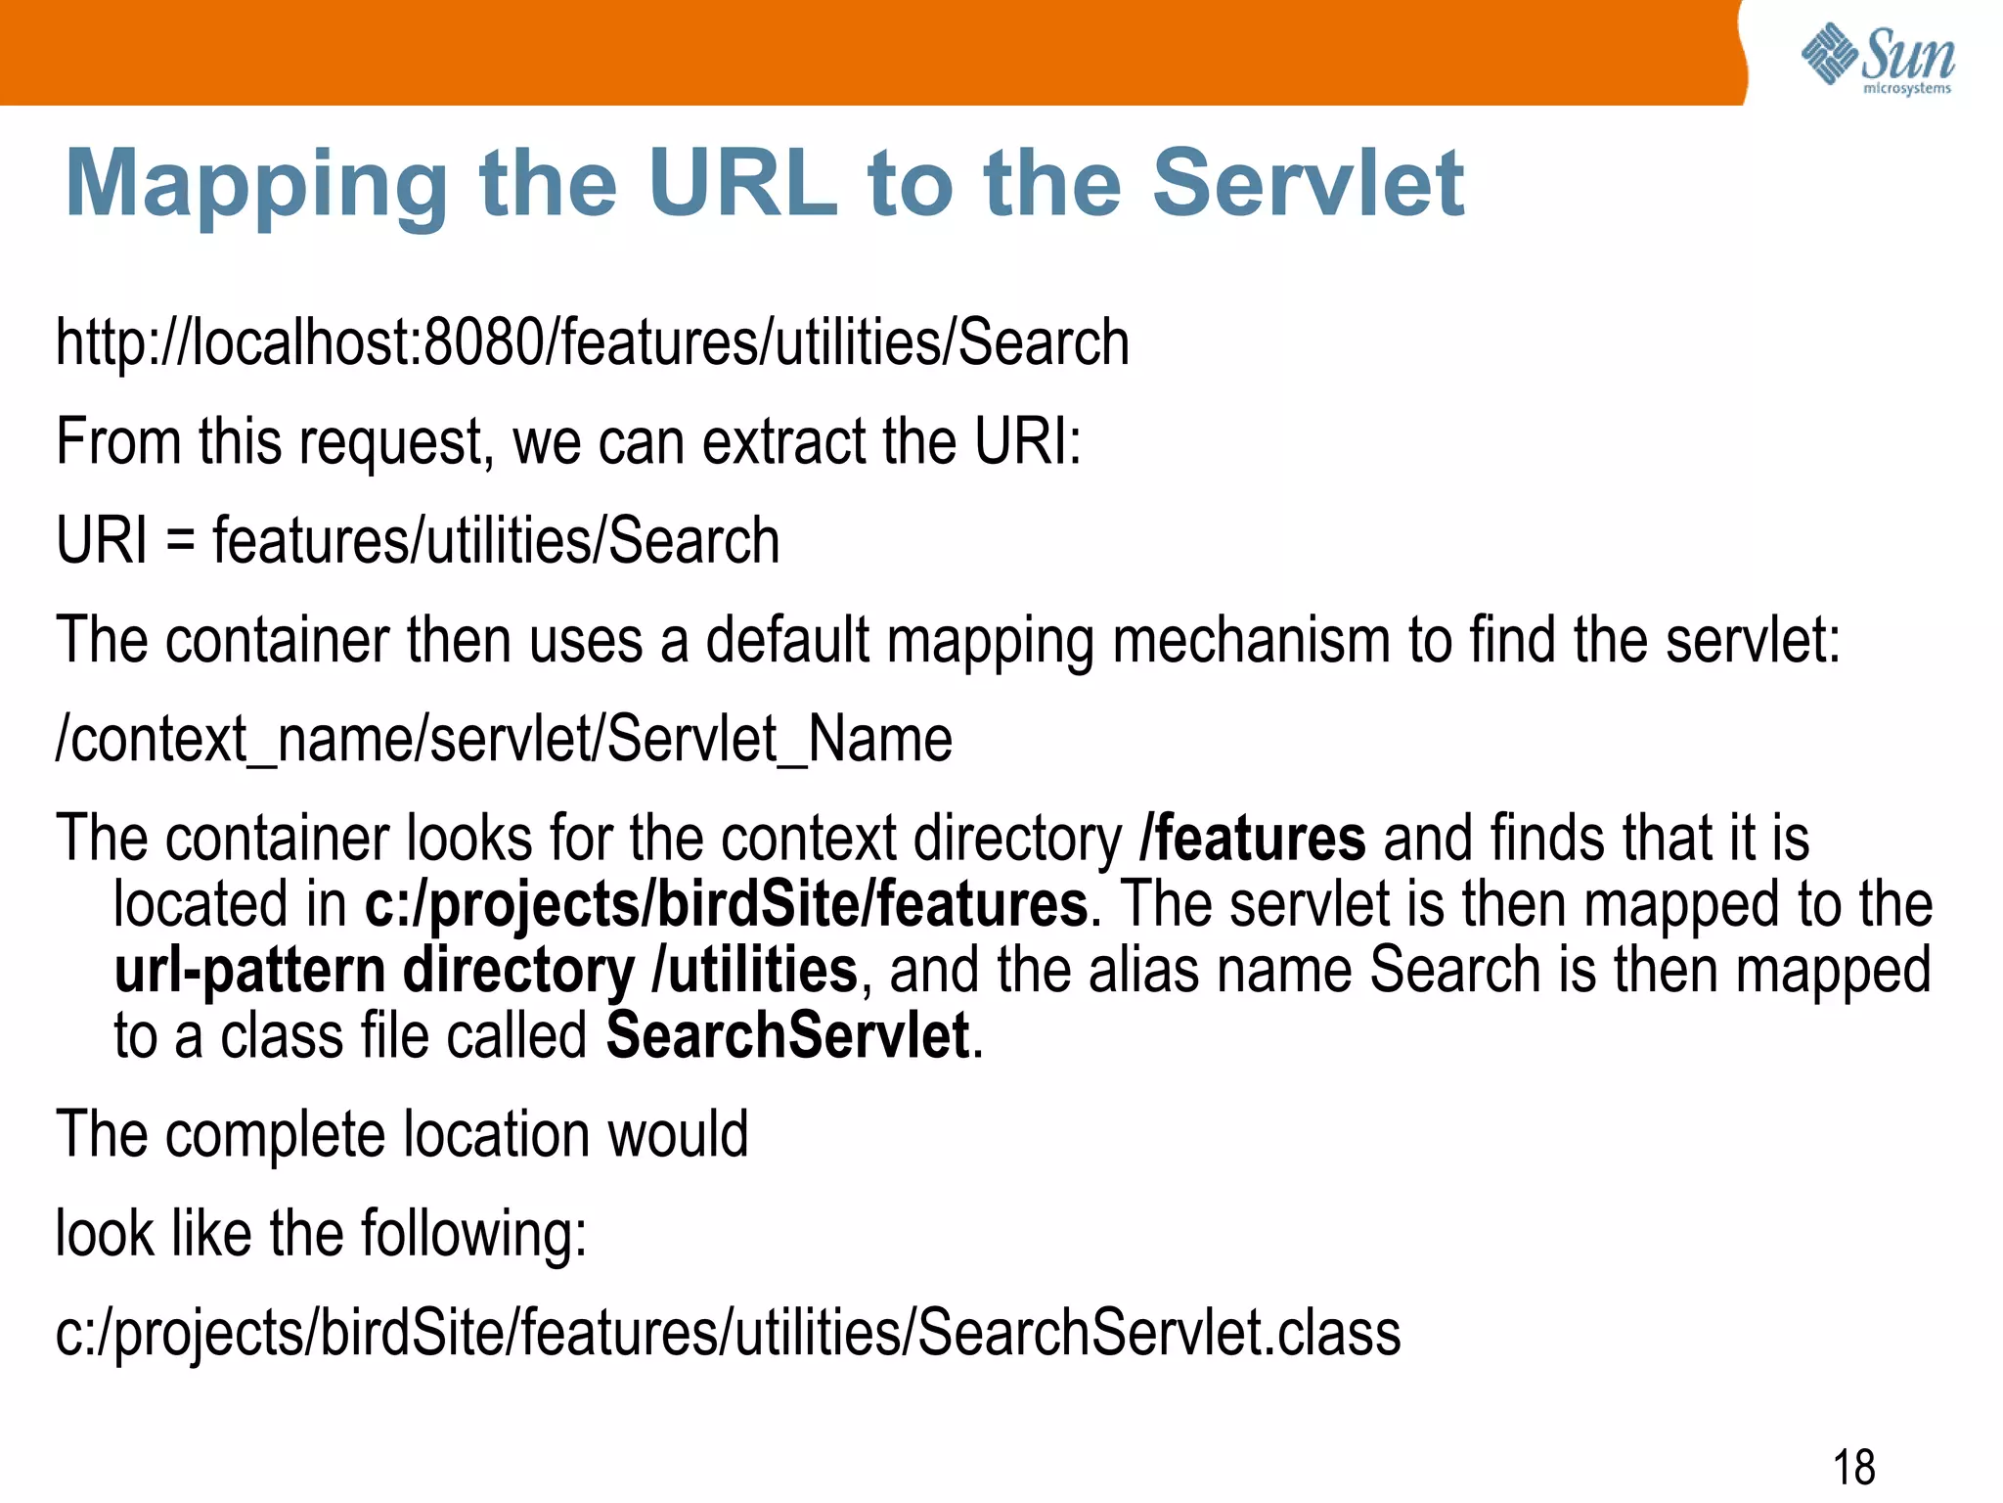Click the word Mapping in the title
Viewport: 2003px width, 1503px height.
(256, 184)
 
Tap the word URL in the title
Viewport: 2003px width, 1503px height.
(742, 183)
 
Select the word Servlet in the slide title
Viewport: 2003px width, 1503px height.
(1308, 183)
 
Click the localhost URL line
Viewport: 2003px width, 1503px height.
(593, 342)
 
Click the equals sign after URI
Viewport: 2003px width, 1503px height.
(180, 541)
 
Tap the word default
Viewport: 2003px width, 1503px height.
(787, 640)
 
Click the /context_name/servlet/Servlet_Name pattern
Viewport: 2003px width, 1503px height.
(504, 739)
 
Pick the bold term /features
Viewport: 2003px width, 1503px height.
(1253, 839)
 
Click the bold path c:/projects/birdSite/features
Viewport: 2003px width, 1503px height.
(726, 903)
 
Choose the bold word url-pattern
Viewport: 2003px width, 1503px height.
(249, 970)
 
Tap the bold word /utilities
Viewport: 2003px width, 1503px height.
(755, 970)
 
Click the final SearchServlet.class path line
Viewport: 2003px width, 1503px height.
(728, 1333)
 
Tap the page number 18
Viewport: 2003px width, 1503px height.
(1853, 1467)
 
